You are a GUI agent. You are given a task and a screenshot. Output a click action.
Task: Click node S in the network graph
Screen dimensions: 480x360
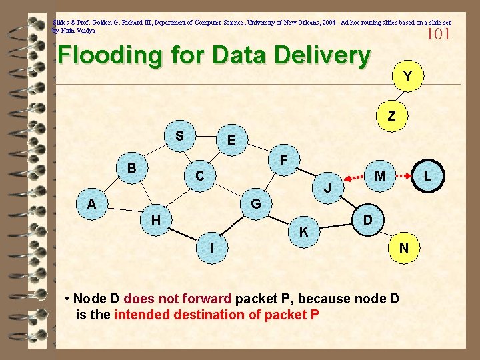click(x=179, y=137)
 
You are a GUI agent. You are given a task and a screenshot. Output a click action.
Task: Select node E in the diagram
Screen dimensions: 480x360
click(x=231, y=141)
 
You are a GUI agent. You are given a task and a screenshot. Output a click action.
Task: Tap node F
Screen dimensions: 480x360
click(x=283, y=161)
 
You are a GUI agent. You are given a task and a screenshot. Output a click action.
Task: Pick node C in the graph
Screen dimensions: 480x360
click(x=199, y=177)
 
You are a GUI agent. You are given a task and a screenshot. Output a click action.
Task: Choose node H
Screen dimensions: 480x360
click(x=155, y=219)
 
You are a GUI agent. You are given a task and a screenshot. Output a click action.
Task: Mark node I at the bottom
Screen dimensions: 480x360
click(x=211, y=247)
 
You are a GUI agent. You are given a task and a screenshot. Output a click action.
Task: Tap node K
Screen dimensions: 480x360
click(x=303, y=232)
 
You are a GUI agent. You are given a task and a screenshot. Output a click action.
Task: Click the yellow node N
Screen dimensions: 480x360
click(x=403, y=248)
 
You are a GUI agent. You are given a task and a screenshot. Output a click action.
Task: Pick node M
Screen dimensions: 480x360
click(x=380, y=176)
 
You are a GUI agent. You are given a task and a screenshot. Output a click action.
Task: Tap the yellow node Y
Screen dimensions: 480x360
click(x=407, y=76)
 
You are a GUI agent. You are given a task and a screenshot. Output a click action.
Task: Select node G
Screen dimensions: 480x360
click(x=255, y=203)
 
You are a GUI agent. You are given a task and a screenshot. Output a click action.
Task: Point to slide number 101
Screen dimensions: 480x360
click(x=438, y=34)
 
